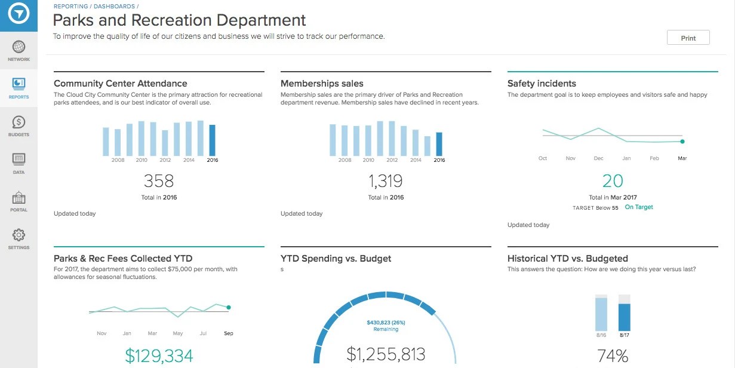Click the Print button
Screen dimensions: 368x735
(688, 38)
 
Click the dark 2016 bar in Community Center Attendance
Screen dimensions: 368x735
(213, 140)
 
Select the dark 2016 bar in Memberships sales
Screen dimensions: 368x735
(439, 143)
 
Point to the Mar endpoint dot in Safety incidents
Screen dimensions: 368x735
(682, 142)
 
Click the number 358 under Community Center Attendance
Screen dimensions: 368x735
(159, 180)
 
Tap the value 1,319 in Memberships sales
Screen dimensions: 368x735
(386, 180)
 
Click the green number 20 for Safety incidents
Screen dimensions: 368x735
(613, 180)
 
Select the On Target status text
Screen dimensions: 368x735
(639, 207)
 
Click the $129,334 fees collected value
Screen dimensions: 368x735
(159, 356)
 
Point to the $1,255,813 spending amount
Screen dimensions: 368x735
(386, 354)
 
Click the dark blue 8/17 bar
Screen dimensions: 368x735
(624, 317)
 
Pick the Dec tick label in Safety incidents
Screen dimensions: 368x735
(598, 158)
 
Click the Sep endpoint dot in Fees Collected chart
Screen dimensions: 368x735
(229, 308)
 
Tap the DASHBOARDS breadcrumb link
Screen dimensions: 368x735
(114, 6)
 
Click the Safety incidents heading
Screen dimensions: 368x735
(542, 84)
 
